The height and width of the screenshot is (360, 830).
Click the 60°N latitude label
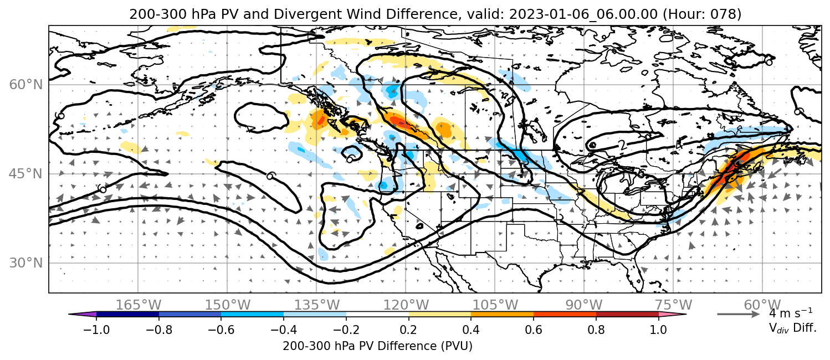(26, 85)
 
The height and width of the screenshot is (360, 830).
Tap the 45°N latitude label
(26, 174)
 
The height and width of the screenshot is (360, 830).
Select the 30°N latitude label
(26, 263)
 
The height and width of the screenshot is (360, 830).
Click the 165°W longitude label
(138, 305)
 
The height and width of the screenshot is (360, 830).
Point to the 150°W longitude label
(228, 305)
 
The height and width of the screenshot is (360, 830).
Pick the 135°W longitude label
(317, 305)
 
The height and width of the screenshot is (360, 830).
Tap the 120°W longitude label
(406, 305)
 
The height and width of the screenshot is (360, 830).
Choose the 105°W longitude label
(495, 305)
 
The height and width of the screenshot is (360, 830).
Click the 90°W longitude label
(584, 305)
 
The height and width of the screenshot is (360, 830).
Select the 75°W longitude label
(673, 305)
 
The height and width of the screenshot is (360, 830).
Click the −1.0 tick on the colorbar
(96, 329)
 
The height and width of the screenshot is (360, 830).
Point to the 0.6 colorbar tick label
(534, 329)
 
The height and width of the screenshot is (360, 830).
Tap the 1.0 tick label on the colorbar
(658, 329)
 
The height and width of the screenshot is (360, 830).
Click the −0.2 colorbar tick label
(346, 329)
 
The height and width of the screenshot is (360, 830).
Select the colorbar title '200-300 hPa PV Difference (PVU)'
(377, 346)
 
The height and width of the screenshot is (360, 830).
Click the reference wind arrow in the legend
(739, 314)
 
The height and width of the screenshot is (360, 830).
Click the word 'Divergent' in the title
(301, 14)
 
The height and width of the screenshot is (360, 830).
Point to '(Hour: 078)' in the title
(702, 14)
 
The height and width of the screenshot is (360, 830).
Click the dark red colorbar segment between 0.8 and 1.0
(627, 314)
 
